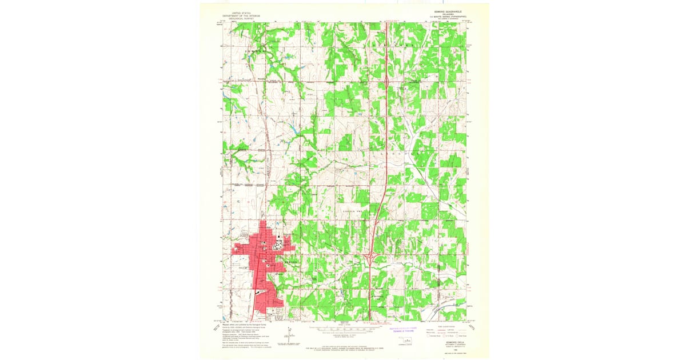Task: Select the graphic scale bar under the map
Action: click(343, 330)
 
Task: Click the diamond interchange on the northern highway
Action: click(388, 82)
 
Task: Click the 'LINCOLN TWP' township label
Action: click(353, 211)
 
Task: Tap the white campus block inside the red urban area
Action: click(277, 246)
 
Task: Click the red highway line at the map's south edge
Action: click(370, 315)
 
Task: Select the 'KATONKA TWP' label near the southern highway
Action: click(378, 297)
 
